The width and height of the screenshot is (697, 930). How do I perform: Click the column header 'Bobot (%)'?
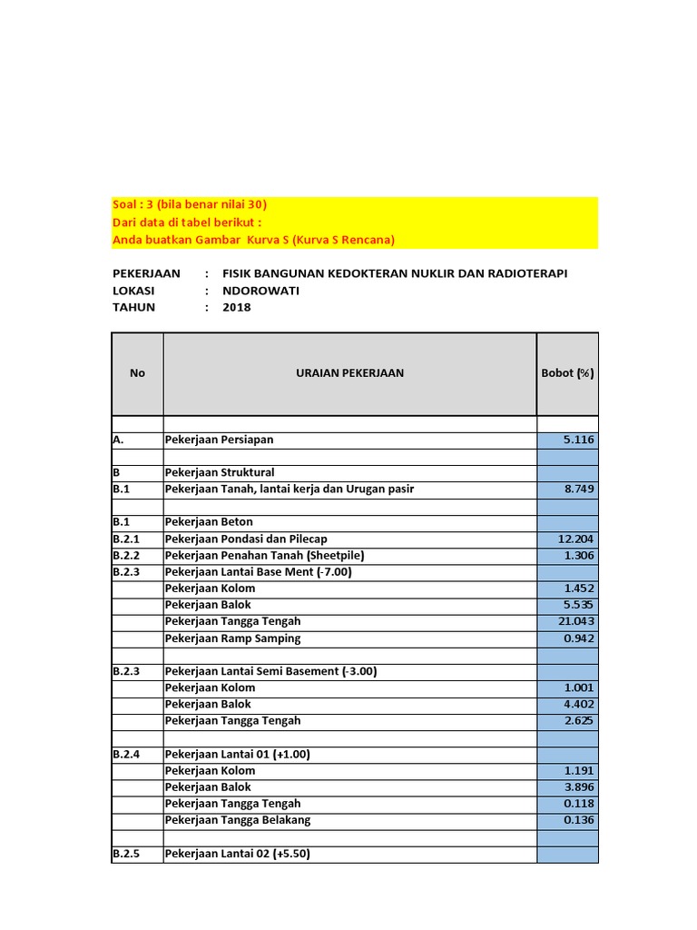tap(567, 373)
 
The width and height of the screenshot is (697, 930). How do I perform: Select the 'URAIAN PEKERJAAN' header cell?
tap(349, 373)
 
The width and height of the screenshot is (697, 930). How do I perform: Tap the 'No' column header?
tap(137, 373)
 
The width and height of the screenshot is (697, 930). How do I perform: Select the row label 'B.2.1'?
tap(127, 539)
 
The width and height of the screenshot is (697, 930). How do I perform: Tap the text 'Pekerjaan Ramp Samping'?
tap(232, 638)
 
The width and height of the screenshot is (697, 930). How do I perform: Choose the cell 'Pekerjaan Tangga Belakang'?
tap(238, 820)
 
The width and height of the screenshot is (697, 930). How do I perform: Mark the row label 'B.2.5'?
tap(127, 855)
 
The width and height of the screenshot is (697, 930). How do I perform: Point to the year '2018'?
tap(237, 307)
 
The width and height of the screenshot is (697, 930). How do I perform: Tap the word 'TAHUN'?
tap(134, 307)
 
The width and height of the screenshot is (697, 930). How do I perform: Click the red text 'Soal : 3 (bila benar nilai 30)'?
tap(190, 205)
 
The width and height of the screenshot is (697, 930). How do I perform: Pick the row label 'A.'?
tap(118, 440)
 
